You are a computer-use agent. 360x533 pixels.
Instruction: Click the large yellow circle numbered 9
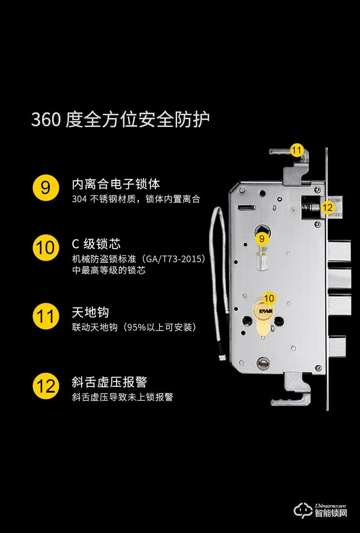tap(46, 187)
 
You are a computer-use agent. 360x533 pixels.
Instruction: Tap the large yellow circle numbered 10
tap(46, 248)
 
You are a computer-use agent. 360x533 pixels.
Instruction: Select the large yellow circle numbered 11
tap(46, 316)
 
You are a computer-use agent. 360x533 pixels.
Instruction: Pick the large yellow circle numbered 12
tap(46, 386)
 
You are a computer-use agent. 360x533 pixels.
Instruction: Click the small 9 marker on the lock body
tap(262, 238)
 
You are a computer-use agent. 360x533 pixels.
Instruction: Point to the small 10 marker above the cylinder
tap(269, 298)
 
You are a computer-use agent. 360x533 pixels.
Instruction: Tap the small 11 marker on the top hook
tap(297, 150)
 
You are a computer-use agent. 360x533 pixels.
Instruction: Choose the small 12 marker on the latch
tap(327, 207)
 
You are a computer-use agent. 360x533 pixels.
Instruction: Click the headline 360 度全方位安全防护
tap(120, 119)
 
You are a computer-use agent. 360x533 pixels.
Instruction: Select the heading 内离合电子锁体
tap(116, 184)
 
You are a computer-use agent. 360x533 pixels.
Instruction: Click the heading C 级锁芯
tap(96, 244)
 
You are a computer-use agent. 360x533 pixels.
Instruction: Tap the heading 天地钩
tap(90, 313)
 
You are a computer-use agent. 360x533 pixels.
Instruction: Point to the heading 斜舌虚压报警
tap(109, 382)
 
